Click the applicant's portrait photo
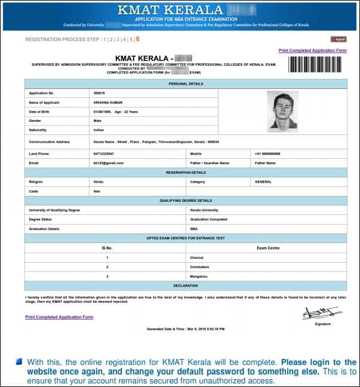(x=282, y=111)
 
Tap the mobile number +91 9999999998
(x=267, y=153)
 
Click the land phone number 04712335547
(x=104, y=153)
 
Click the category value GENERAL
(x=263, y=182)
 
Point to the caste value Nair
(x=98, y=191)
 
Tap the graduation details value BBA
(x=193, y=228)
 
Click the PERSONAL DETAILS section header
(x=185, y=84)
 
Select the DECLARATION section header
(x=185, y=285)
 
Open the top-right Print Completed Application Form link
(x=312, y=51)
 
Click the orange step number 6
(x=138, y=39)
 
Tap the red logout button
(x=339, y=39)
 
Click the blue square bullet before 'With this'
(x=19, y=362)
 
